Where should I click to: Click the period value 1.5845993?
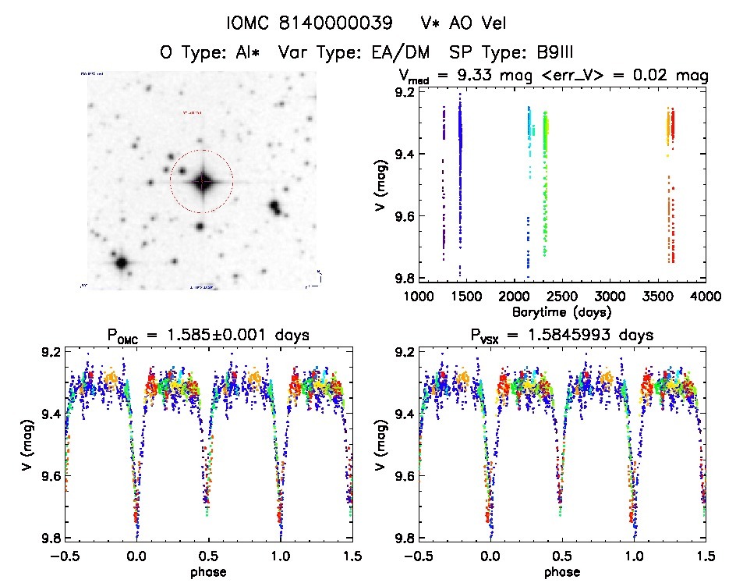[589, 336]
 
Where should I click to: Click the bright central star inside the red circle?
[202, 182]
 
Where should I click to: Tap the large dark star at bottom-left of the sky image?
[121, 262]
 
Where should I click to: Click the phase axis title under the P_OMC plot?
[207, 571]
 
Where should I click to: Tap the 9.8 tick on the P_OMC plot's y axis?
[50, 539]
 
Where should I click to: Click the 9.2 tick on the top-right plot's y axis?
[405, 92]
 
